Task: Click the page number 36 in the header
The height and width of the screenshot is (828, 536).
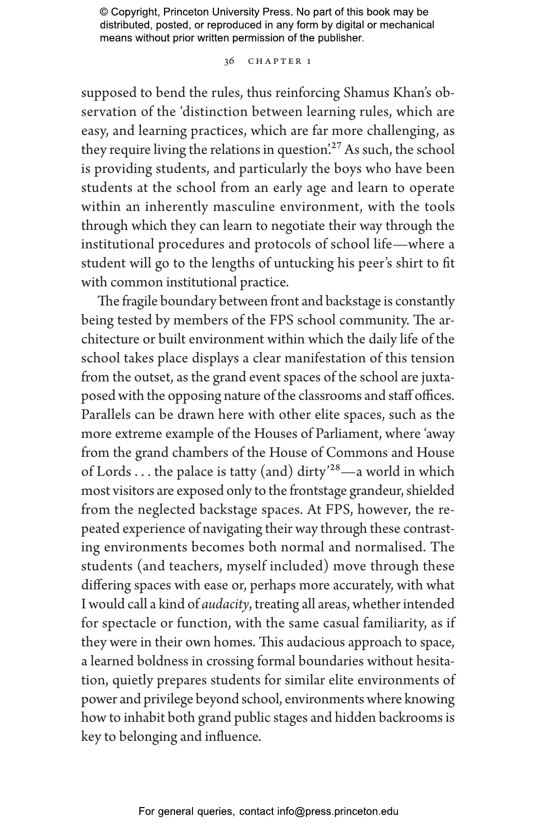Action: pyautogui.click(x=229, y=61)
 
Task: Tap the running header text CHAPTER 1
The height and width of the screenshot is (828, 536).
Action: pyautogui.click(x=280, y=61)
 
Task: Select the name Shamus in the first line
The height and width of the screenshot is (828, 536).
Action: pyautogui.click(x=366, y=93)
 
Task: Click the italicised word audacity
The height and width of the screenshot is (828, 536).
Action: pyautogui.click(x=226, y=604)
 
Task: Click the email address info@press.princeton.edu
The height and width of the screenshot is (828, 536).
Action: pyautogui.click(x=338, y=811)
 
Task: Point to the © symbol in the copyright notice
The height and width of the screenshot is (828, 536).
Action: pyautogui.click(x=104, y=12)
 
